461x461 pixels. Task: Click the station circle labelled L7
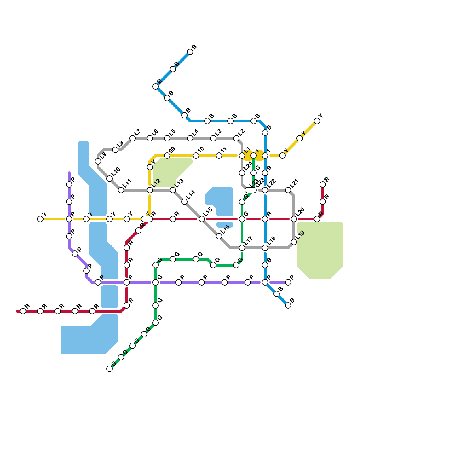click(x=133, y=138)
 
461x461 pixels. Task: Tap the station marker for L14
click(x=184, y=202)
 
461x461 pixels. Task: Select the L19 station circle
click(x=294, y=242)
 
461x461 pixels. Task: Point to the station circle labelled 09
click(x=167, y=156)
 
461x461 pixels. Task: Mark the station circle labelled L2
click(x=236, y=138)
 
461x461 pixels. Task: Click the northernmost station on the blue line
click(x=190, y=52)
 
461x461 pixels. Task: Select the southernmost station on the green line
click(x=109, y=369)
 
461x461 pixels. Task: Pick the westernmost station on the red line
click(x=23, y=311)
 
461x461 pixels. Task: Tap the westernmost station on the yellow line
click(x=40, y=219)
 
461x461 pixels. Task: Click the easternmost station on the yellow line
click(x=317, y=121)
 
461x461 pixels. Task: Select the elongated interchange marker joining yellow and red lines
click(x=147, y=219)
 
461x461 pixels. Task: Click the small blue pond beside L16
click(x=225, y=225)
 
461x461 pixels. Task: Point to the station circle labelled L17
click(x=242, y=248)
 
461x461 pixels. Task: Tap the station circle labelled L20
click(x=294, y=219)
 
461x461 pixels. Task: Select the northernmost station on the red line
click(x=323, y=184)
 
